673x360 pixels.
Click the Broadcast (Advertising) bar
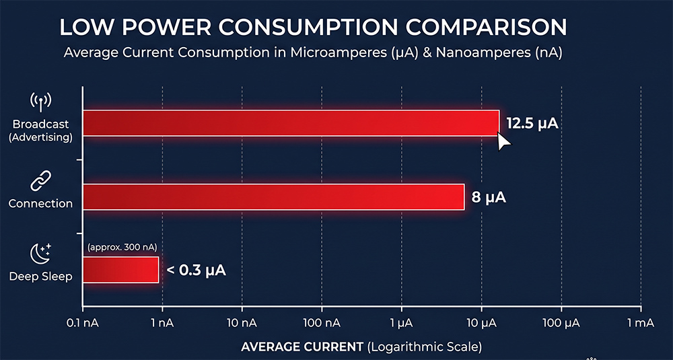tap(291, 123)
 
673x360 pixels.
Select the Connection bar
tap(273, 197)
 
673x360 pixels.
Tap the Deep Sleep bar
tap(120, 270)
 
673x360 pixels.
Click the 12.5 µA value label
tap(532, 124)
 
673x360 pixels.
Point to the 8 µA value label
tap(489, 197)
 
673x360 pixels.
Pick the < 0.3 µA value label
tap(196, 271)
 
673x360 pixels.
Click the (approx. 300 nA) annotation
tap(122, 248)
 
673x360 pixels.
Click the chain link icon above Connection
tap(41, 180)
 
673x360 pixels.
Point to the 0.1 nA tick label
tap(83, 324)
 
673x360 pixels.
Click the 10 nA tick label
tap(242, 324)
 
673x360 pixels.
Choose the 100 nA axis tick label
tap(322, 324)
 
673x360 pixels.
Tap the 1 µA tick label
tap(402, 324)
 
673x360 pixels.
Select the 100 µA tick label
tap(561, 324)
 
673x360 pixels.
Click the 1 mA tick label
tap(641, 324)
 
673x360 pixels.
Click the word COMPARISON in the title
tap(487, 28)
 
